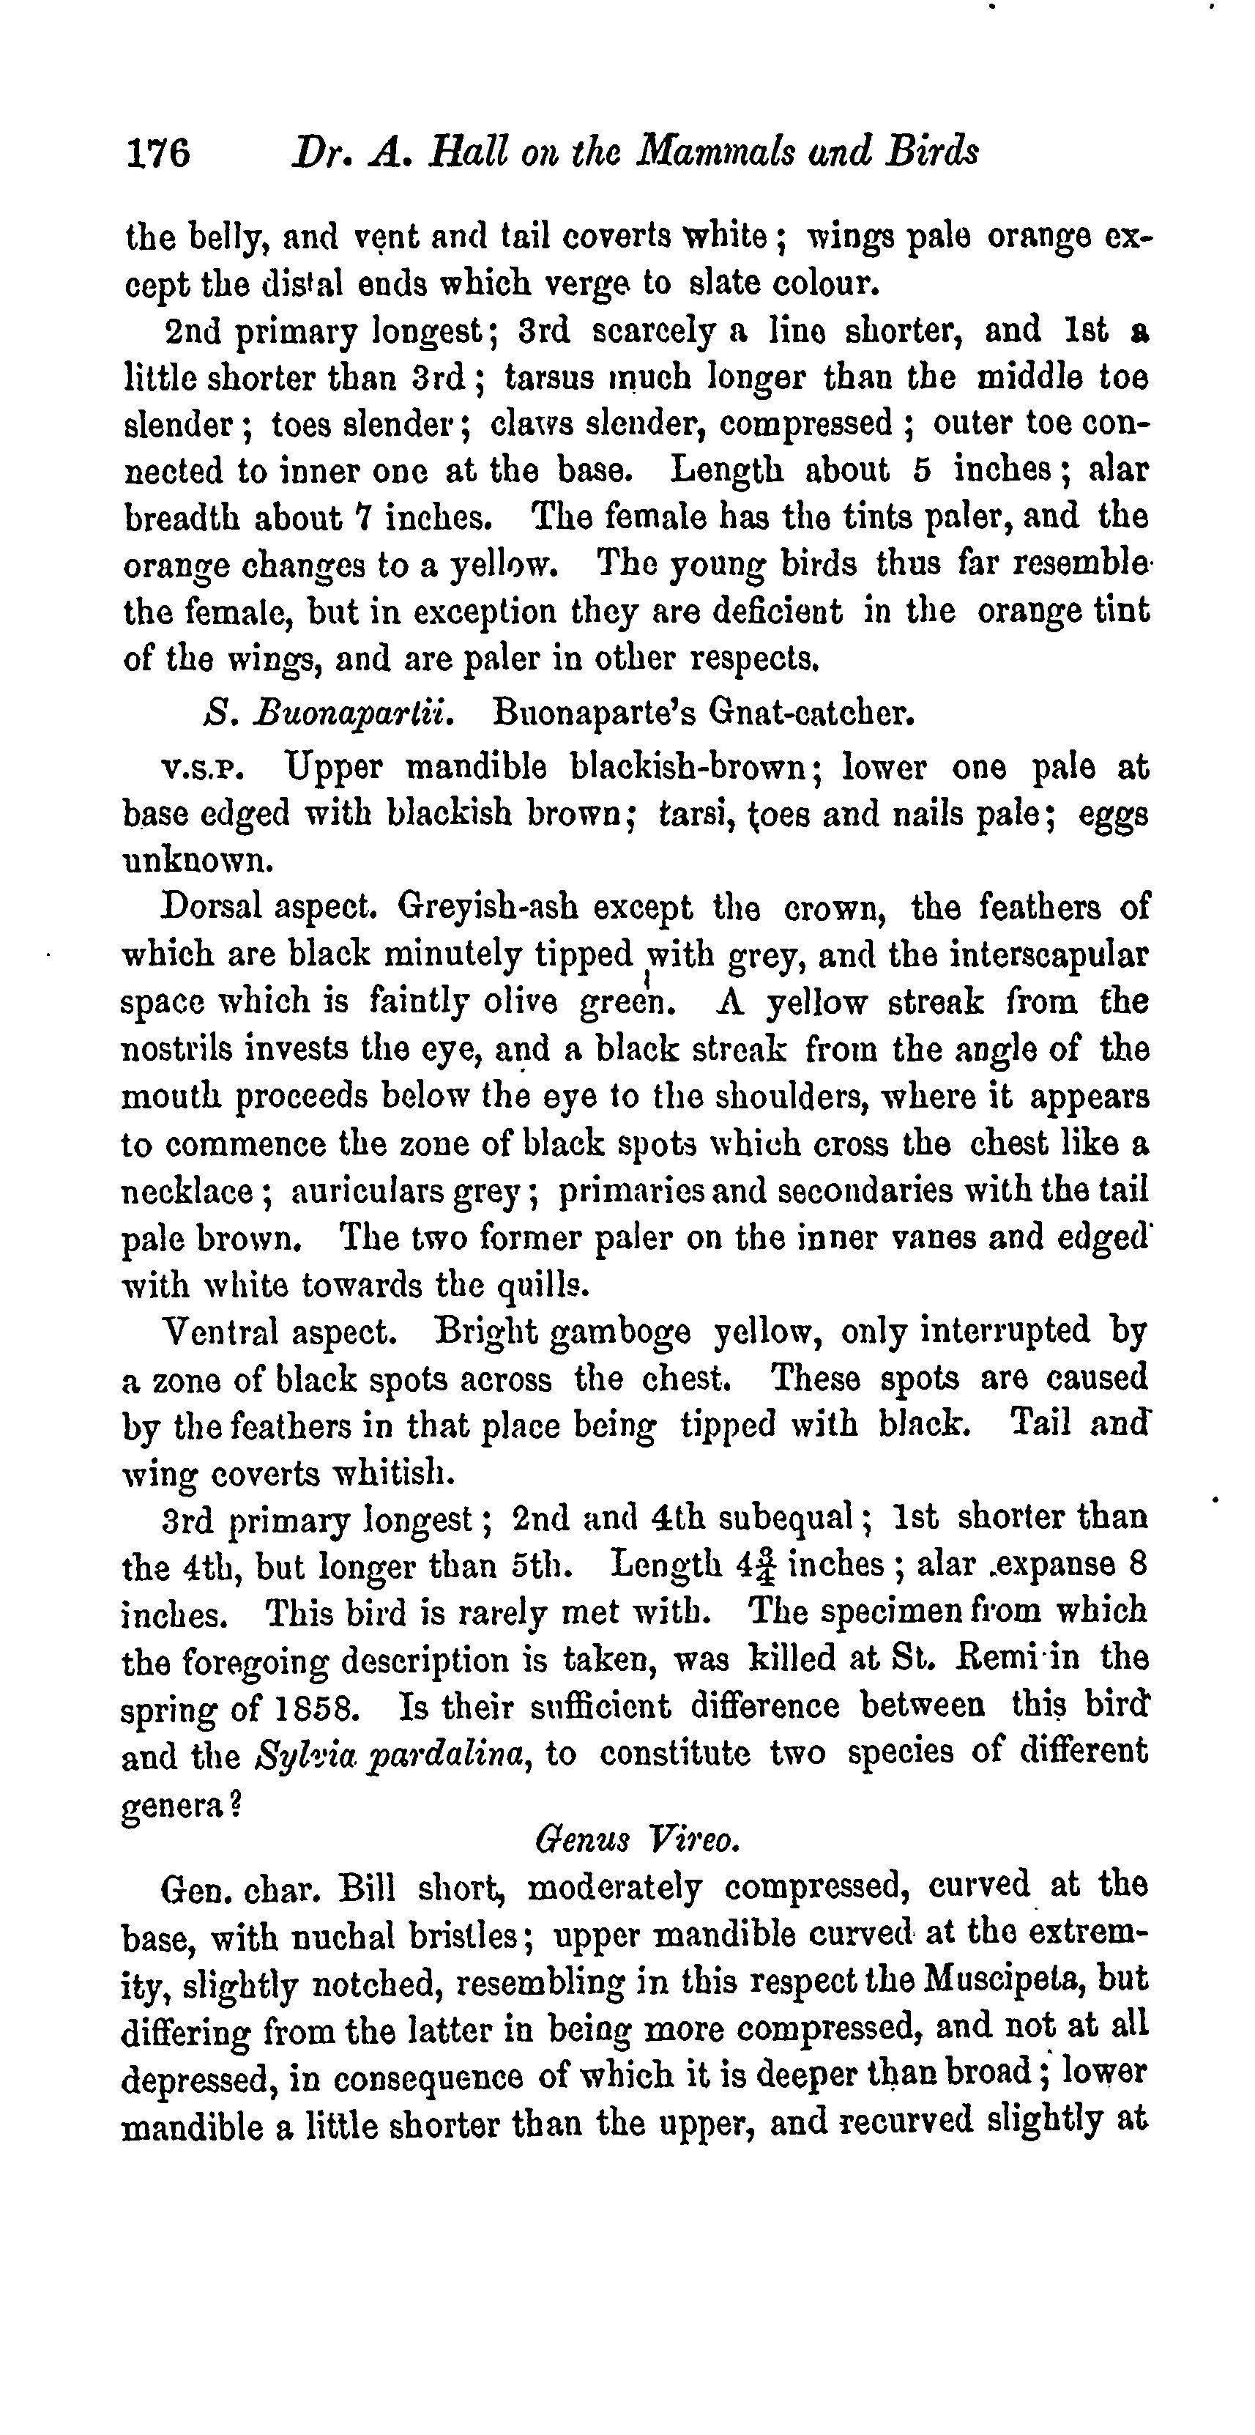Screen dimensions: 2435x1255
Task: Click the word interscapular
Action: pyautogui.click(x=1036, y=954)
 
